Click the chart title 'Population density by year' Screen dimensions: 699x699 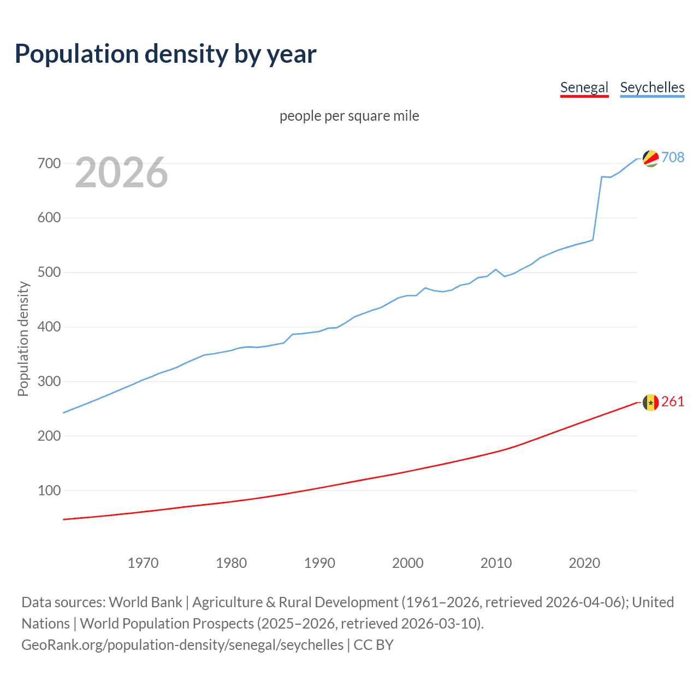click(x=165, y=54)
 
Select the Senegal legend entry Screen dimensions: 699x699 click(x=584, y=87)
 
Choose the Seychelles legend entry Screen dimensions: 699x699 click(x=652, y=87)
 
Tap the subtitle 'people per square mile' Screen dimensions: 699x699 click(x=349, y=116)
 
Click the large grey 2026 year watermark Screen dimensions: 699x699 click(x=121, y=173)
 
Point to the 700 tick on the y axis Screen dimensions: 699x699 click(x=49, y=163)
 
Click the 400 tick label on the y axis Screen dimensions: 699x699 click(x=49, y=327)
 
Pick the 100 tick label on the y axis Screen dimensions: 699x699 click(x=49, y=490)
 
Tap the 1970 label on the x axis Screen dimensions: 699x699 click(x=143, y=563)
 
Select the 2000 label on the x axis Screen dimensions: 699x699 click(x=408, y=563)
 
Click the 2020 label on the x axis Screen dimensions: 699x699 click(x=584, y=563)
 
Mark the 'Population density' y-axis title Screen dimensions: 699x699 click(x=23, y=339)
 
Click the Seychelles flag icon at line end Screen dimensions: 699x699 click(x=650, y=158)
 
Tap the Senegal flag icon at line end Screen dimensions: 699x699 click(x=650, y=402)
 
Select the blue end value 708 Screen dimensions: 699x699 click(x=673, y=157)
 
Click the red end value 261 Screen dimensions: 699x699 click(x=673, y=402)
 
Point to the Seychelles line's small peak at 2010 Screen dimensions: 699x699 click(x=496, y=269)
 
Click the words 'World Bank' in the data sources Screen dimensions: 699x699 click(x=145, y=602)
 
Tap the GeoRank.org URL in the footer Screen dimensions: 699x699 click(x=182, y=645)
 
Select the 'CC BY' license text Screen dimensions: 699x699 click(x=374, y=645)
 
